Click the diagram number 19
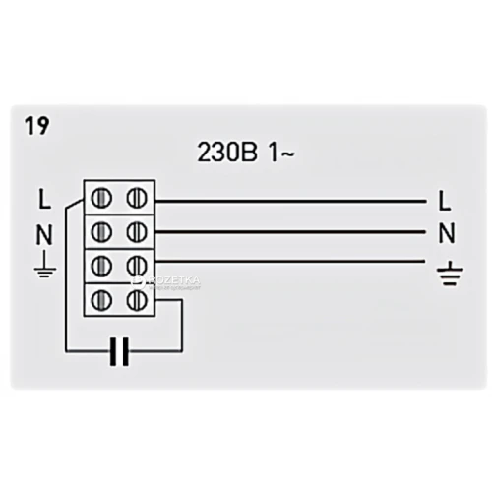tap(37, 126)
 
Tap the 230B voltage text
tap(227, 153)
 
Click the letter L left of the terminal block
tap(44, 200)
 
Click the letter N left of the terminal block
tap(44, 235)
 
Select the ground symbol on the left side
tap(45, 264)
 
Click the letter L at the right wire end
tap(444, 201)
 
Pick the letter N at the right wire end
tap(447, 233)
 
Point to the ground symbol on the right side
tap(450, 274)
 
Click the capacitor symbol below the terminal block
tap(119, 351)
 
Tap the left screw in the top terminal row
tap(101, 198)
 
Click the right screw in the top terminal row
tap(137, 198)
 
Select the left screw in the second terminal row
tap(101, 232)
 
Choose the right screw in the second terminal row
tap(137, 232)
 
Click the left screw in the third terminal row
tap(101, 266)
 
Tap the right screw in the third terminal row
tap(137, 266)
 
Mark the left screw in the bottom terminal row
tap(101, 300)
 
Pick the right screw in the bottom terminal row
tap(137, 300)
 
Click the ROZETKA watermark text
tap(174, 280)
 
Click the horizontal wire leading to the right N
tap(290, 232)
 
